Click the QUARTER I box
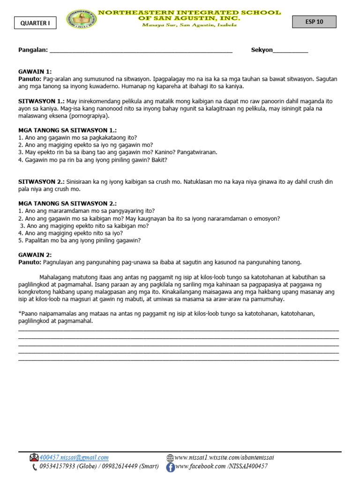click(x=35, y=22)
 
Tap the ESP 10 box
click(x=314, y=22)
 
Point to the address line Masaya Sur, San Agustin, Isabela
click(x=190, y=25)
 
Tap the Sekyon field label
click(x=262, y=50)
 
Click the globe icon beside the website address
click(x=170, y=457)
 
